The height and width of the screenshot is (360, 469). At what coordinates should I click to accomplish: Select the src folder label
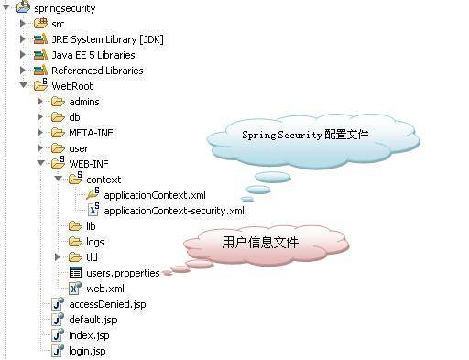pos(58,23)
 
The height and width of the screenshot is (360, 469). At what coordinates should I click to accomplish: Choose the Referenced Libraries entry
pos(97,70)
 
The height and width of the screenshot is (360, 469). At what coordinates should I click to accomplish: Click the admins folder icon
pos(58,101)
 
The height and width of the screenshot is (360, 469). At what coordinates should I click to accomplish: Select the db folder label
pos(75,116)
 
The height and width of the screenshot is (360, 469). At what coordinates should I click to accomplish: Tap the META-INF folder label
pos(90,132)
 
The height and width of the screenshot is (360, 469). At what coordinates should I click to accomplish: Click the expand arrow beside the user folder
pos(40,147)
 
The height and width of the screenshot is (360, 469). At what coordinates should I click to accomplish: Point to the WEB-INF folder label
pos(89,163)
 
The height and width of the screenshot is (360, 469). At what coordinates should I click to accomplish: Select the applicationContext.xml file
pos(154,195)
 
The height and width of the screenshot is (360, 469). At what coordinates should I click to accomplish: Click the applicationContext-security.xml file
pos(174,211)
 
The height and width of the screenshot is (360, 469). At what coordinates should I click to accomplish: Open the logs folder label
pos(95,242)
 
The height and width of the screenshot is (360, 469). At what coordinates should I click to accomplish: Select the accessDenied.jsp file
pos(106,304)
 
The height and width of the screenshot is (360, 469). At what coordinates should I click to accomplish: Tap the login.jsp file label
pos(87,351)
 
